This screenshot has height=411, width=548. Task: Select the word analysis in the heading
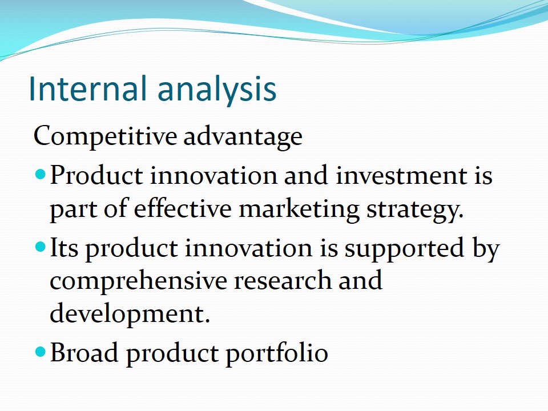(217, 91)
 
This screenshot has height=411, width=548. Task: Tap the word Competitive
(105, 136)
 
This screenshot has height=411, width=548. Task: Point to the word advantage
(243, 136)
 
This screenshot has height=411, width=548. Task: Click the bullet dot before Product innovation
(41, 174)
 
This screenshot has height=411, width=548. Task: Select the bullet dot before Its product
(41, 247)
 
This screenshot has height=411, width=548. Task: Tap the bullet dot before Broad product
(41, 351)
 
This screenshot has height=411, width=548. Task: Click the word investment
(401, 175)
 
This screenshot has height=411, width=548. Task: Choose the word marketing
(299, 210)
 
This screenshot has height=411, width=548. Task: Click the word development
(130, 314)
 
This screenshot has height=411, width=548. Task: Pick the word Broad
(84, 352)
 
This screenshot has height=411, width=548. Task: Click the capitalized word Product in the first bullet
(96, 175)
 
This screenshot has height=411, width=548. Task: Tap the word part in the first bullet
(74, 211)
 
